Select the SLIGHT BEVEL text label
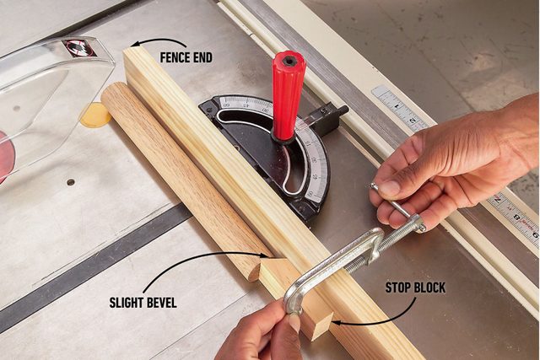(143, 302)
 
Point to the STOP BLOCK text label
(415, 288)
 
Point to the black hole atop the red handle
(289, 60)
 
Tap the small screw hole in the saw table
(70, 181)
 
